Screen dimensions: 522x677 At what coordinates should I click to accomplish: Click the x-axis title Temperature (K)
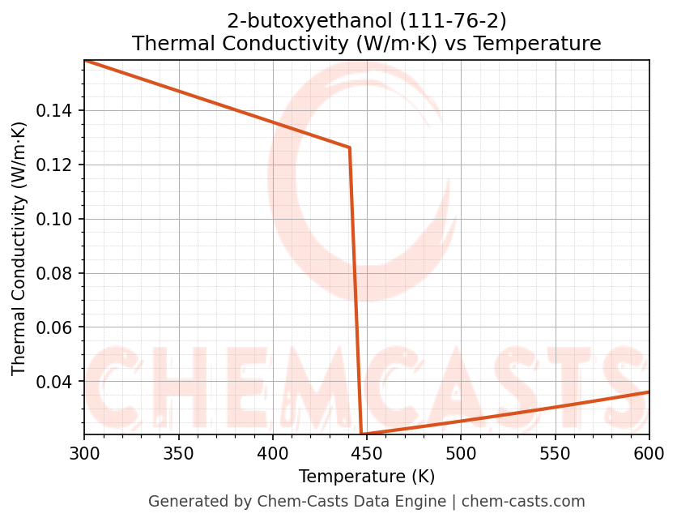tap(366, 476)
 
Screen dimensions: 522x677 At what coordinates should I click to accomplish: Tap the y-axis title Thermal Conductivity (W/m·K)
tap(19, 248)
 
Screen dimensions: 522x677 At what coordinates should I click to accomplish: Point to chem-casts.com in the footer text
tap(524, 502)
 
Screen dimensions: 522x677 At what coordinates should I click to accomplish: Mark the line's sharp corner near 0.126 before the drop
tap(349, 148)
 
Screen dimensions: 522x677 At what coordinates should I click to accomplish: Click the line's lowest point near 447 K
tap(361, 434)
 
